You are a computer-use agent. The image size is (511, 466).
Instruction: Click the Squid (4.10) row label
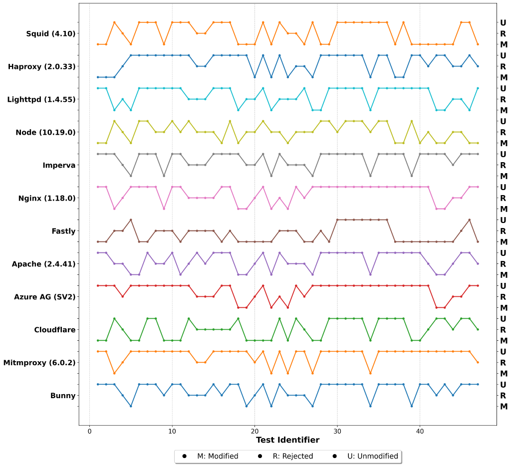pos(50,34)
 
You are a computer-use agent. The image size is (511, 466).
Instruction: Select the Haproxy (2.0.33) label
pos(41,67)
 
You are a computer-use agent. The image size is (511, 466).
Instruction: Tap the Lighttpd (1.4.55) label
pos(41,100)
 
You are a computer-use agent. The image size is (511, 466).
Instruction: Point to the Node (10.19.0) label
pos(45,133)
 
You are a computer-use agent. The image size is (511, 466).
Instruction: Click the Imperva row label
pos(59,166)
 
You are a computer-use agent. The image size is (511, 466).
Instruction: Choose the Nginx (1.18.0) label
pos(46,199)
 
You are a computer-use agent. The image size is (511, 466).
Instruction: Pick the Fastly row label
pos(63,232)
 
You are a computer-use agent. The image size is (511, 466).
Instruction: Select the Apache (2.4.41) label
pos(43,264)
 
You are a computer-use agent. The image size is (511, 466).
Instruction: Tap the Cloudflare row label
pos(55,330)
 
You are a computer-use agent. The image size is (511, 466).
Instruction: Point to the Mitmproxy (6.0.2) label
pos(39,363)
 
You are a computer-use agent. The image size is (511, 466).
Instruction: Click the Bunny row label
pos(63,396)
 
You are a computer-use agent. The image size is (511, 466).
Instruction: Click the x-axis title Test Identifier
pos(287,440)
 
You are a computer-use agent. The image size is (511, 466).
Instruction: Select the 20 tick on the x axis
pos(255,431)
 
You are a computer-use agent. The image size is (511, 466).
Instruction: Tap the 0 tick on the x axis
pos(89,431)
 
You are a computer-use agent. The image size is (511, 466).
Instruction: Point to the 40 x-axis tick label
pos(419,431)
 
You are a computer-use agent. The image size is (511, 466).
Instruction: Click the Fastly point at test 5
pos(131,220)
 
